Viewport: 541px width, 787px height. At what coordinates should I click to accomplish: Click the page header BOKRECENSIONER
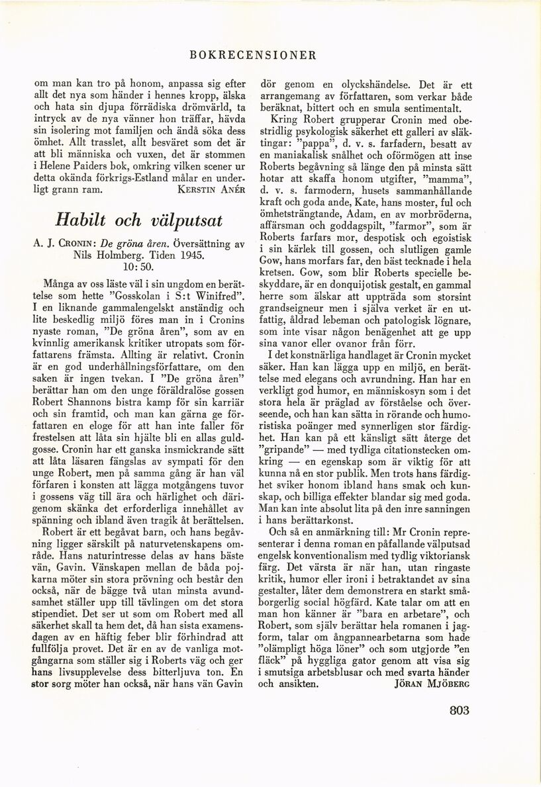tap(252, 55)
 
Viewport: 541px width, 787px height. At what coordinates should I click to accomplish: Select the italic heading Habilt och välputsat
tap(138, 220)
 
